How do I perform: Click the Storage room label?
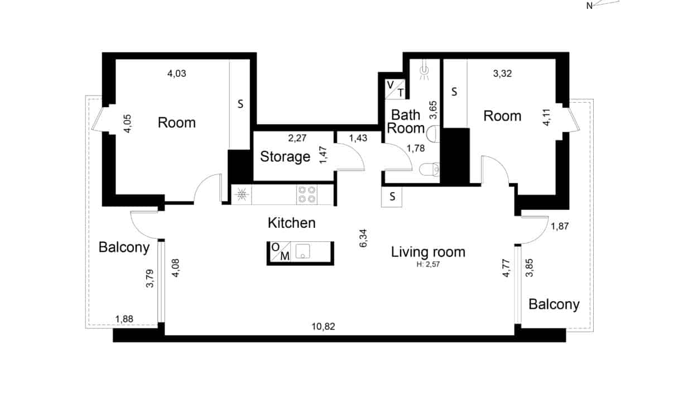pos(285,156)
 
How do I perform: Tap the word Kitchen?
pos(292,223)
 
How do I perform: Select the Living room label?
pos(428,252)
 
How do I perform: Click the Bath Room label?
pos(406,121)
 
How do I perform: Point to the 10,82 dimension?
pos(323,327)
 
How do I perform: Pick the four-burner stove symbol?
pos(306,195)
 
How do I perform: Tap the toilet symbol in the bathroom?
pos(429,169)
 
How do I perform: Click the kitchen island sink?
pos(302,251)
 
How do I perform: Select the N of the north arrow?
pos(589,6)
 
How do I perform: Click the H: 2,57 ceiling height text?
pos(428,265)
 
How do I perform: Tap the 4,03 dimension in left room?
pos(177,74)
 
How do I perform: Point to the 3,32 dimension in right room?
pos(502,74)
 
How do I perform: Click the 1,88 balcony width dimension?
pos(124,319)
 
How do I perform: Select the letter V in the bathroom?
pos(391,85)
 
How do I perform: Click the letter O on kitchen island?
pos(275,247)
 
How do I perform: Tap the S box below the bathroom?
pos(392,197)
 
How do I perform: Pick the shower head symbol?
pos(425,71)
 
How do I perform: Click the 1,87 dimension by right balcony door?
pos(560,227)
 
